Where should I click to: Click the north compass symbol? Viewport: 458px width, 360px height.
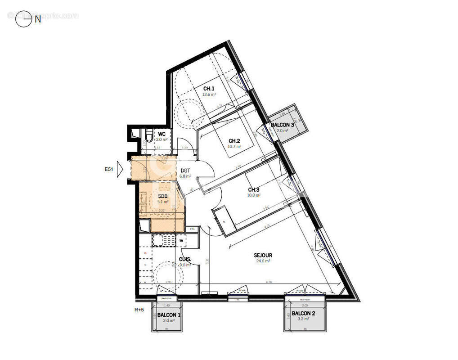click(23, 19)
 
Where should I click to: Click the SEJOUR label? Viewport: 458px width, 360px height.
click(263, 255)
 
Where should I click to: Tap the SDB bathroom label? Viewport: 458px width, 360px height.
click(162, 196)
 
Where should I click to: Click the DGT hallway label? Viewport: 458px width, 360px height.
click(185, 171)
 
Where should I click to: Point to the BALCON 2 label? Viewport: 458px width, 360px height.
click(303, 313)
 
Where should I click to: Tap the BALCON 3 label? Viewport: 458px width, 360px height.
click(282, 125)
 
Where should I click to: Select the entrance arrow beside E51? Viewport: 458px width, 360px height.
click(120, 170)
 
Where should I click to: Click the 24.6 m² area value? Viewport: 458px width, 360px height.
click(263, 261)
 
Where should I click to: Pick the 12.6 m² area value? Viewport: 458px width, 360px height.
click(209, 94)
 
